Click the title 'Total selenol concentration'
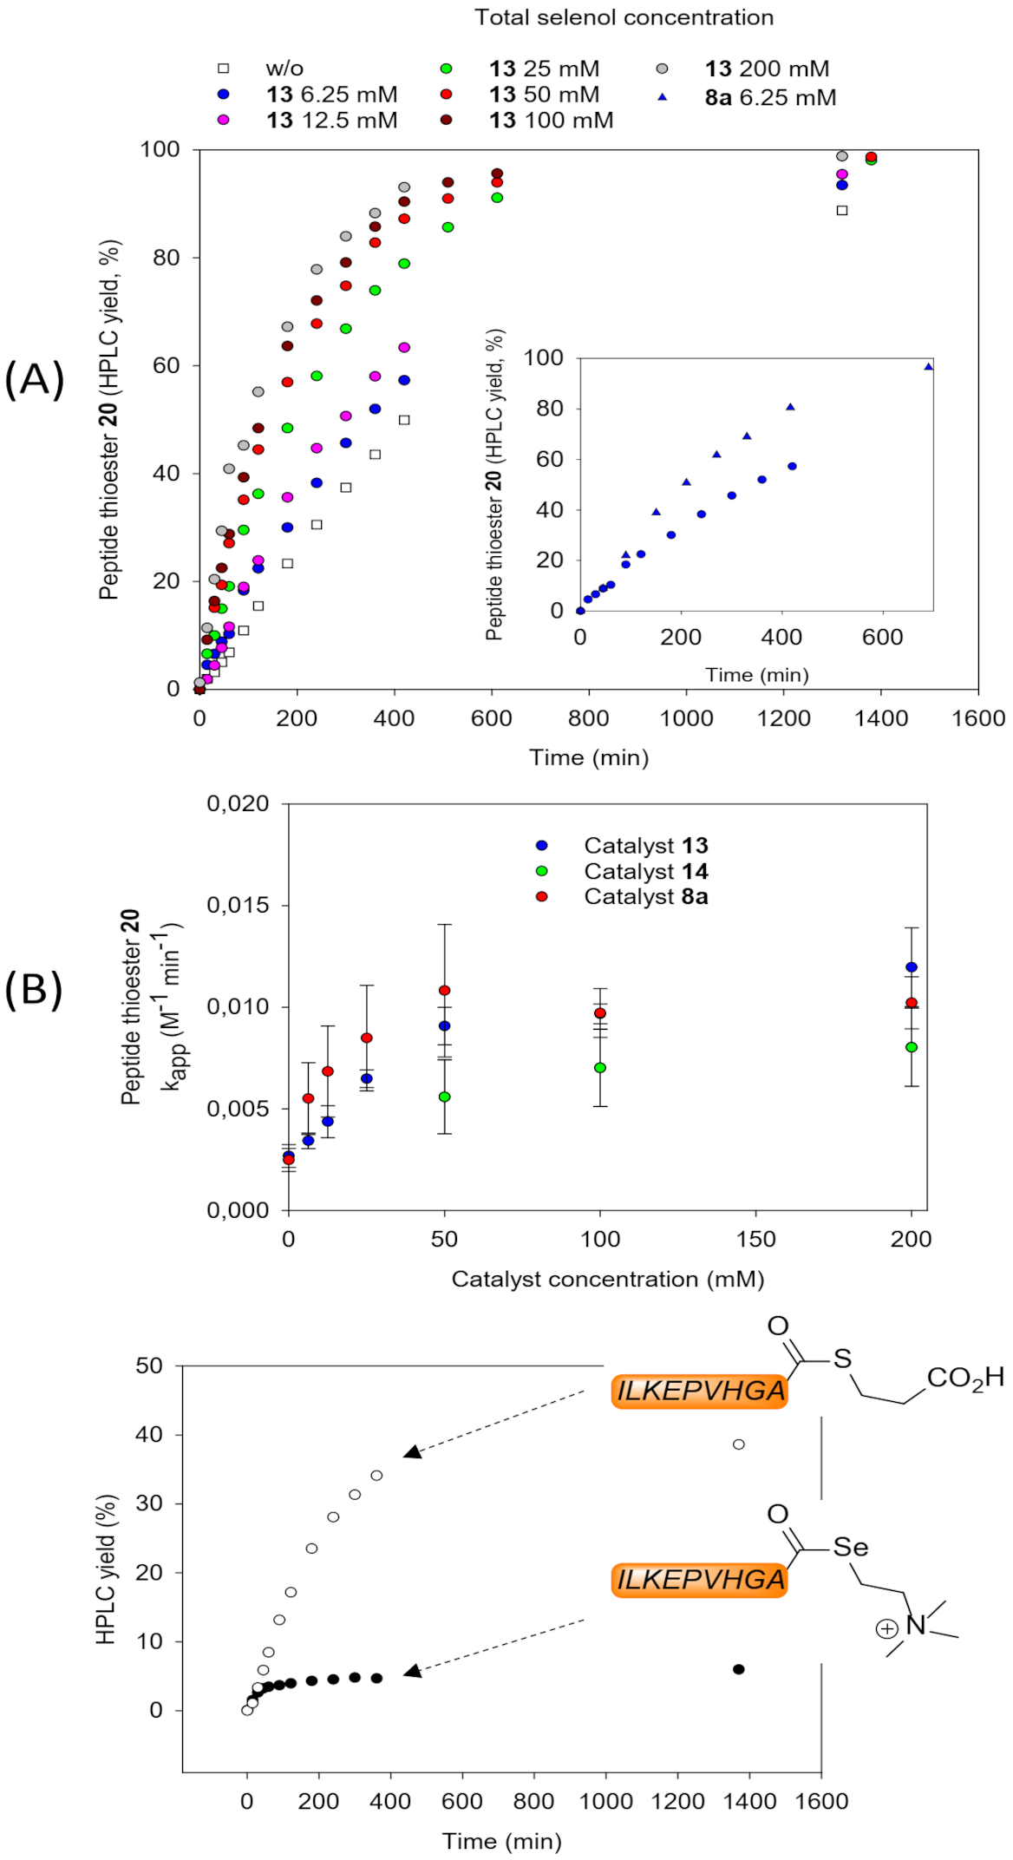[x=623, y=17]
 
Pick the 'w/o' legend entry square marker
[x=224, y=69]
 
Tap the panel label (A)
[x=34, y=379]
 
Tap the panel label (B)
[x=34, y=989]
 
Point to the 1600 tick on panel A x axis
[x=978, y=718]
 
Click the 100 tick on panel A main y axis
[x=160, y=149]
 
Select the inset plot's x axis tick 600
[x=882, y=637]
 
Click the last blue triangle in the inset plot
[x=928, y=367]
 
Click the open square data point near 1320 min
[x=841, y=210]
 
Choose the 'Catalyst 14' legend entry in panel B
[x=645, y=871]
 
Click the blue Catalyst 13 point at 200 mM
[x=911, y=967]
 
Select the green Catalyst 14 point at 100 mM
[x=600, y=1068]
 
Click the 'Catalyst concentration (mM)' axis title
[x=607, y=1280]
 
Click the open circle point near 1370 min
[x=739, y=1444]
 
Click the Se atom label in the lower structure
[x=850, y=1548]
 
